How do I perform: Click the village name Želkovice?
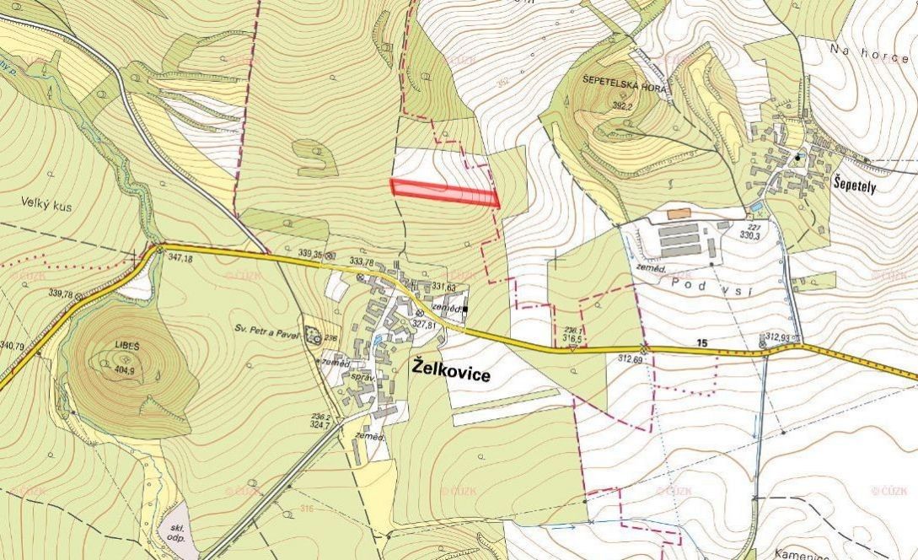click(x=452, y=372)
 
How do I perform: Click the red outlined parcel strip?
click(x=445, y=191)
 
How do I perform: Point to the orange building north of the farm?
click(x=678, y=214)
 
